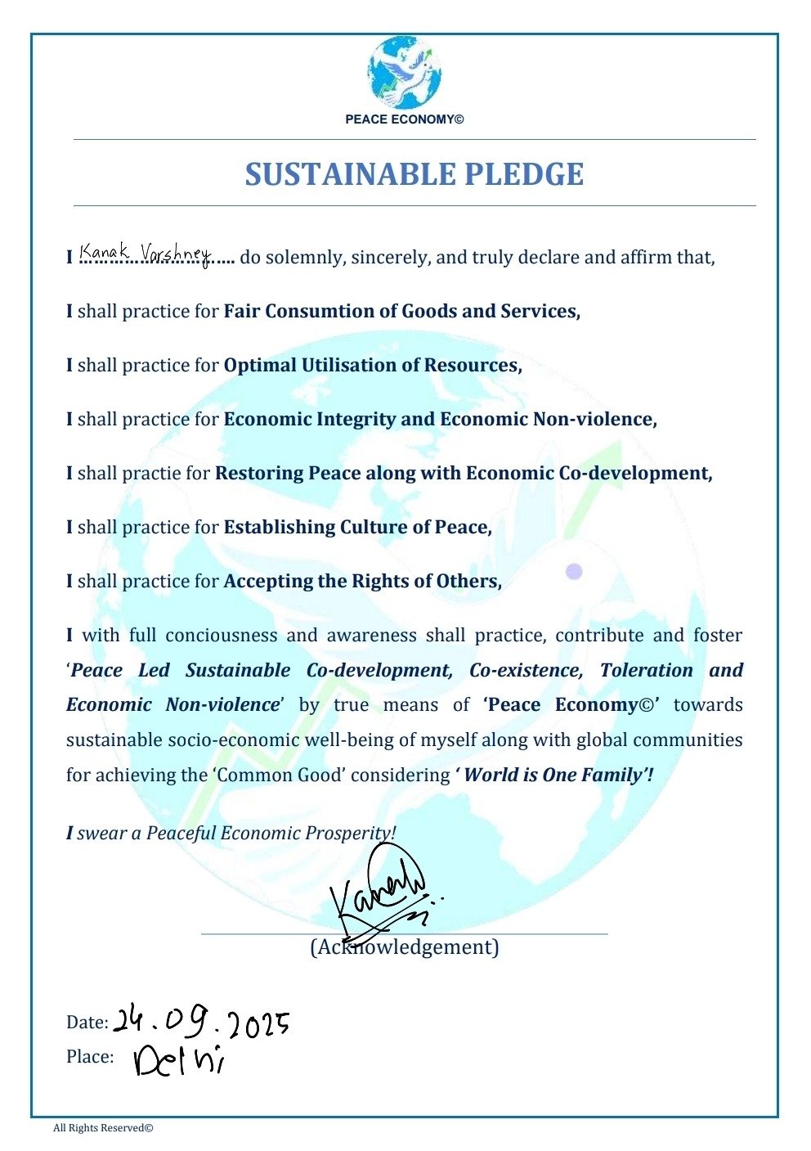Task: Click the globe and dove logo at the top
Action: click(x=404, y=73)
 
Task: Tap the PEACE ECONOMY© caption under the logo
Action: click(x=404, y=119)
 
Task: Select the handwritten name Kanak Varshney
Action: click(x=145, y=252)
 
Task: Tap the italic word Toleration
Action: click(x=646, y=671)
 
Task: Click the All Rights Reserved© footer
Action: click(x=103, y=1129)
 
